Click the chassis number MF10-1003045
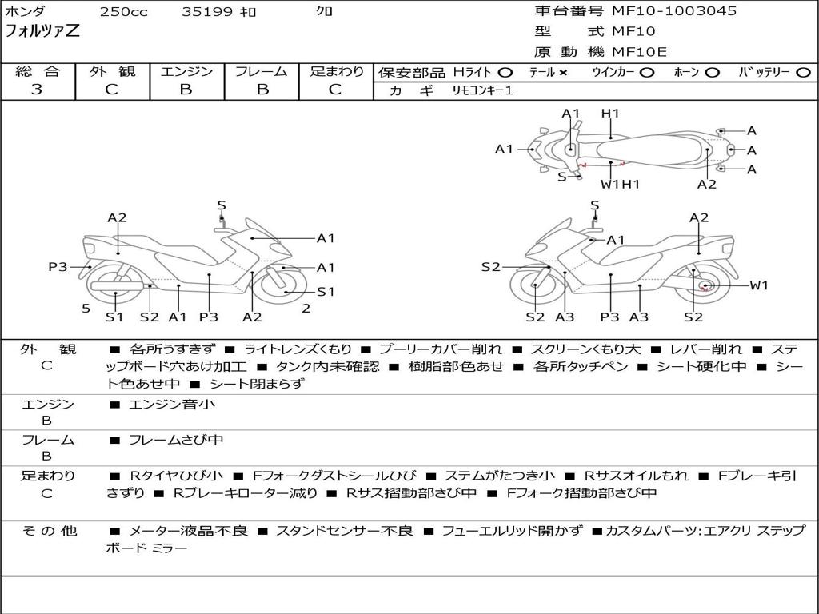(x=674, y=11)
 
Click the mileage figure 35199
(x=206, y=11)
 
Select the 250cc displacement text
(x=124, y=11)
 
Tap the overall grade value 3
(x=37, y=90)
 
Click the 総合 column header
(x=38, y=71)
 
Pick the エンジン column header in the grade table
(x=186, y=71)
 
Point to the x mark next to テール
(x=562, y=73)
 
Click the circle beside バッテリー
(x=803, y=73)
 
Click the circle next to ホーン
(x=712, y=73)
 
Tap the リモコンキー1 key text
(x=482, y=90)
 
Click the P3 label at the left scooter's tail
(x=58, y=267)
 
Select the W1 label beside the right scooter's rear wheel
(x=759, y=285)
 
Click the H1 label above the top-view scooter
(x=610, y=114)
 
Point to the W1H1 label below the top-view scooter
(x=620, y=185)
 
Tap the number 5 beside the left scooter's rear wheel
(x=86, y=309)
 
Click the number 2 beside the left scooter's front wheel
(x=306, y=309)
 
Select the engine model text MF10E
(x=639, y=52)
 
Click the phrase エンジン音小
(x=172, y=404)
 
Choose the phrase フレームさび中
(x=176, y=441)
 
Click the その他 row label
(x=50, y=531)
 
